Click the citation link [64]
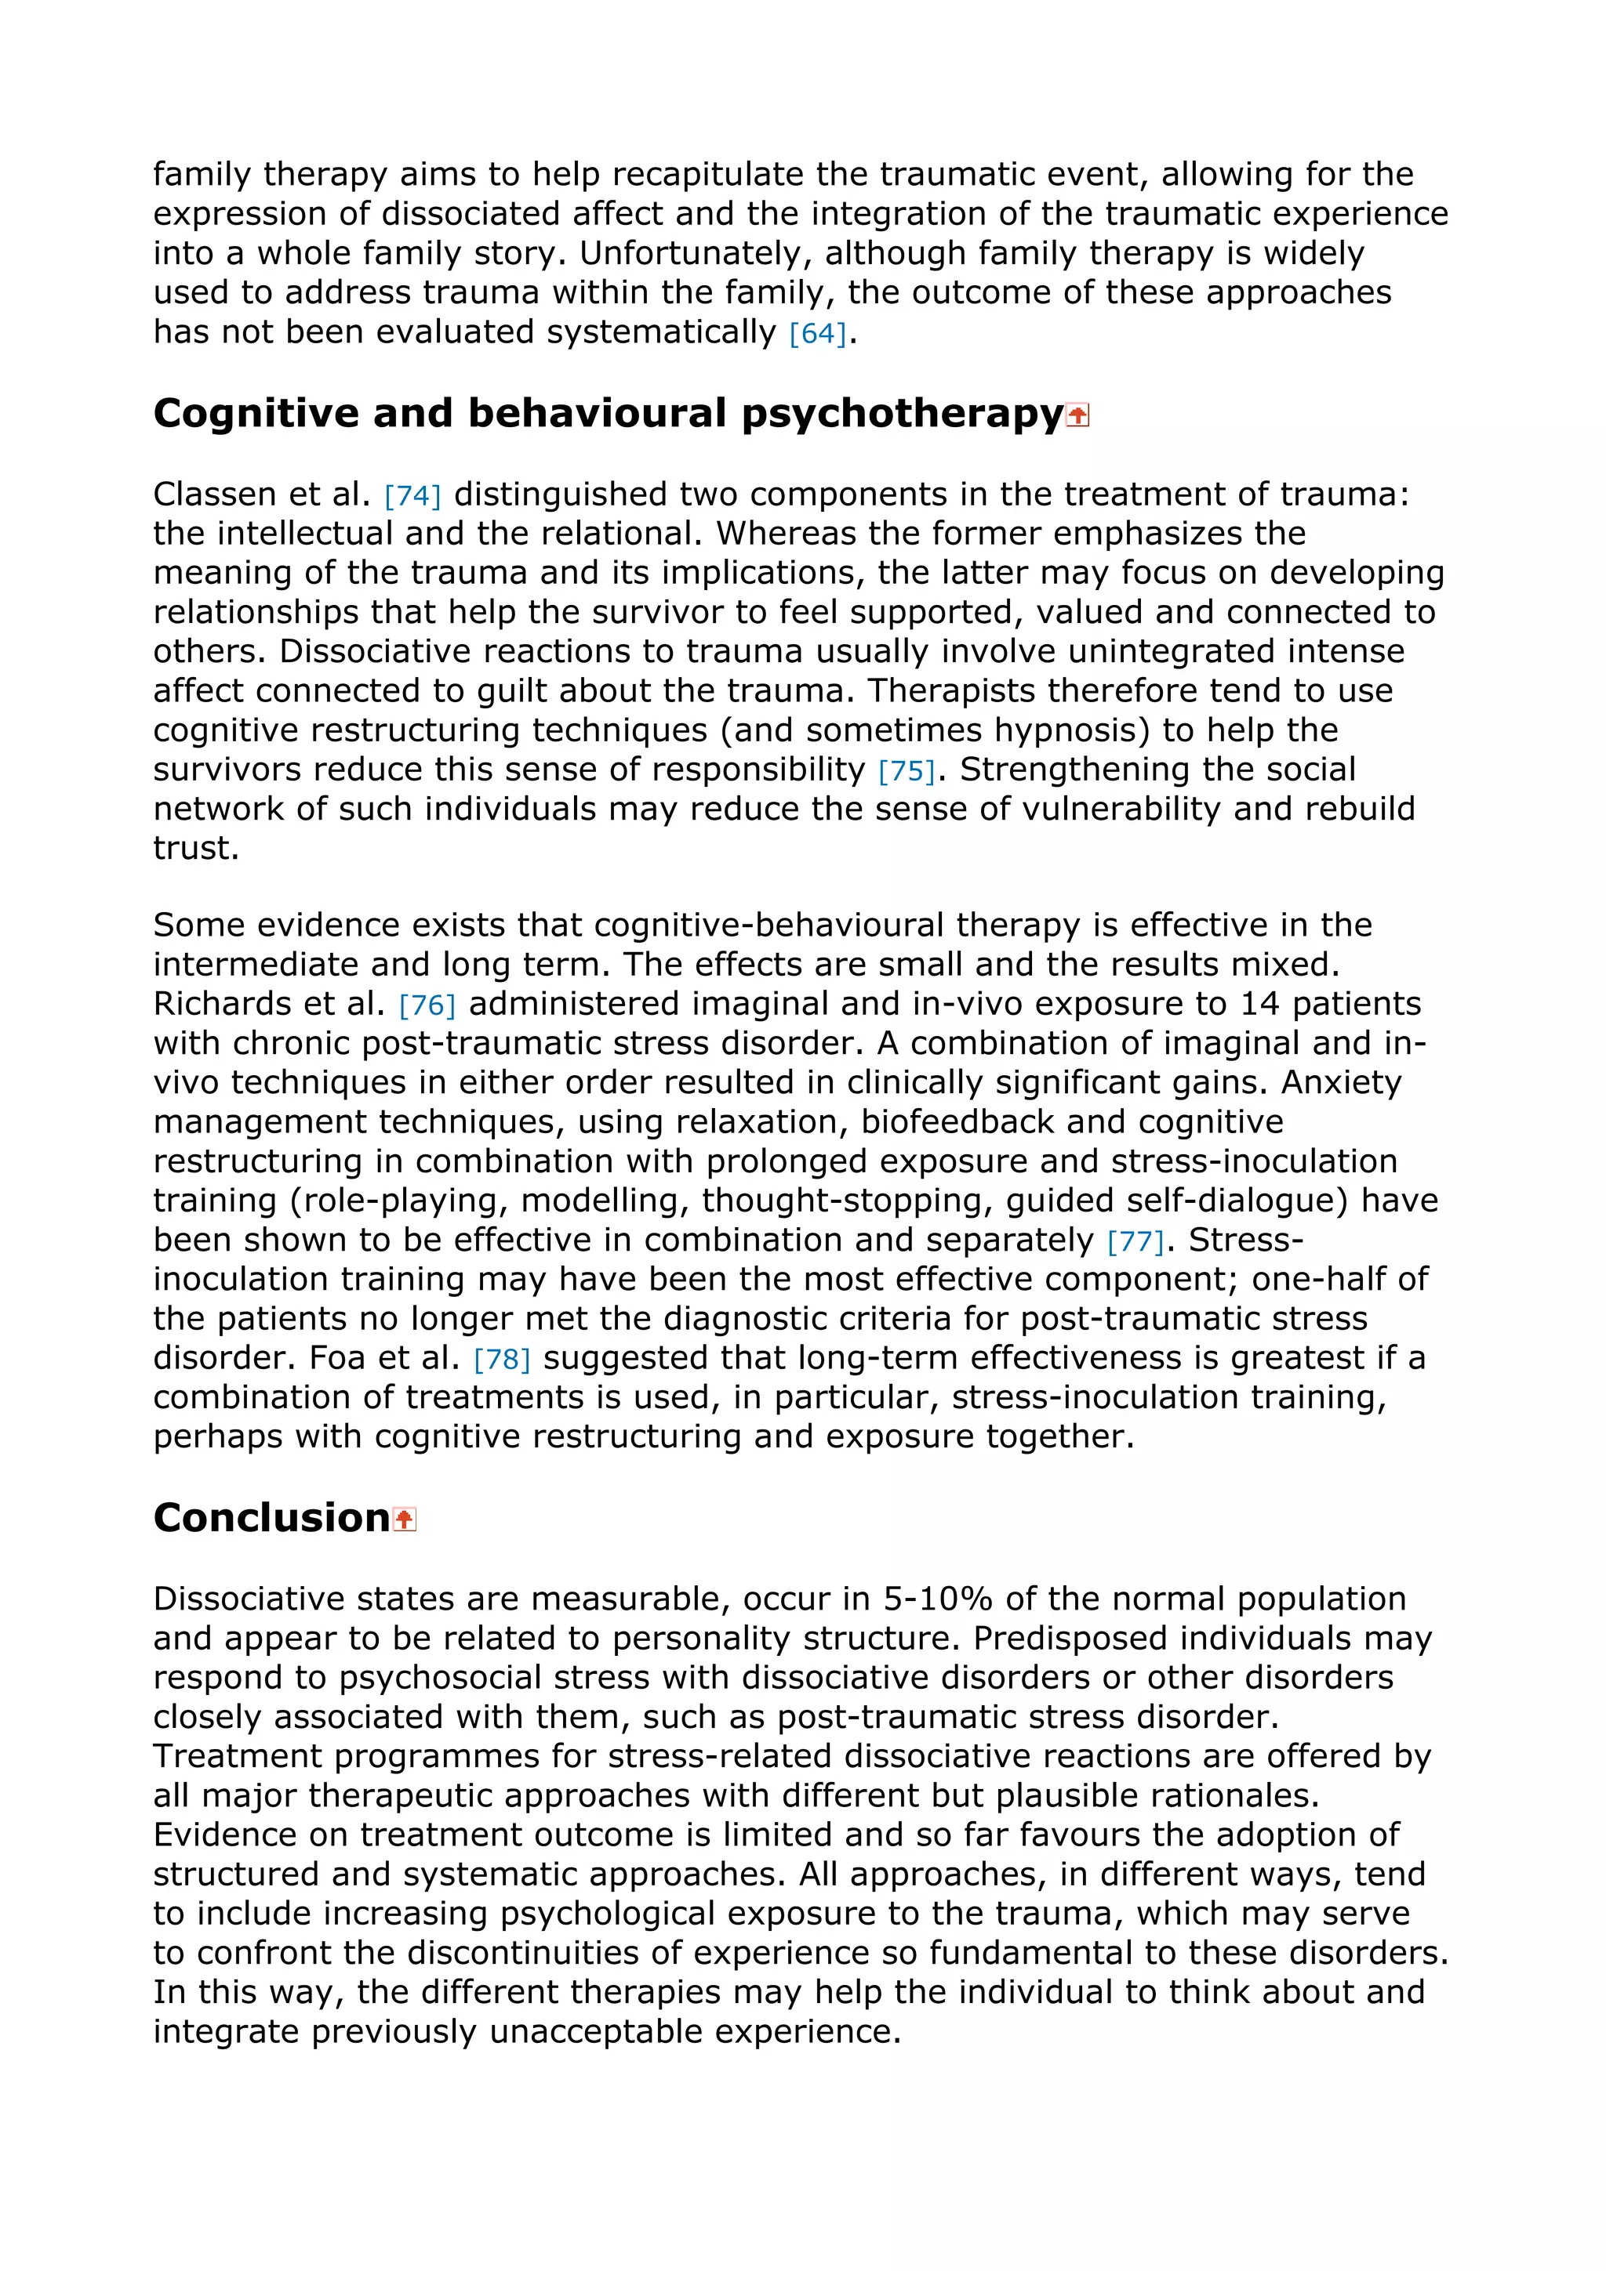pos(817,333)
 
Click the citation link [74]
pos(412,494)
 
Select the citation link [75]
pos(906,770)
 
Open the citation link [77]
pos(1135,1241)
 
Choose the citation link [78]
pos(502,1359)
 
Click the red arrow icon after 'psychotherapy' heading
pos(1077,415)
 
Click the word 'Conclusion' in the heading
pos(271,1517)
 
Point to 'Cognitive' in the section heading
pos(256,414)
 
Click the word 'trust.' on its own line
pos(196,848)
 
